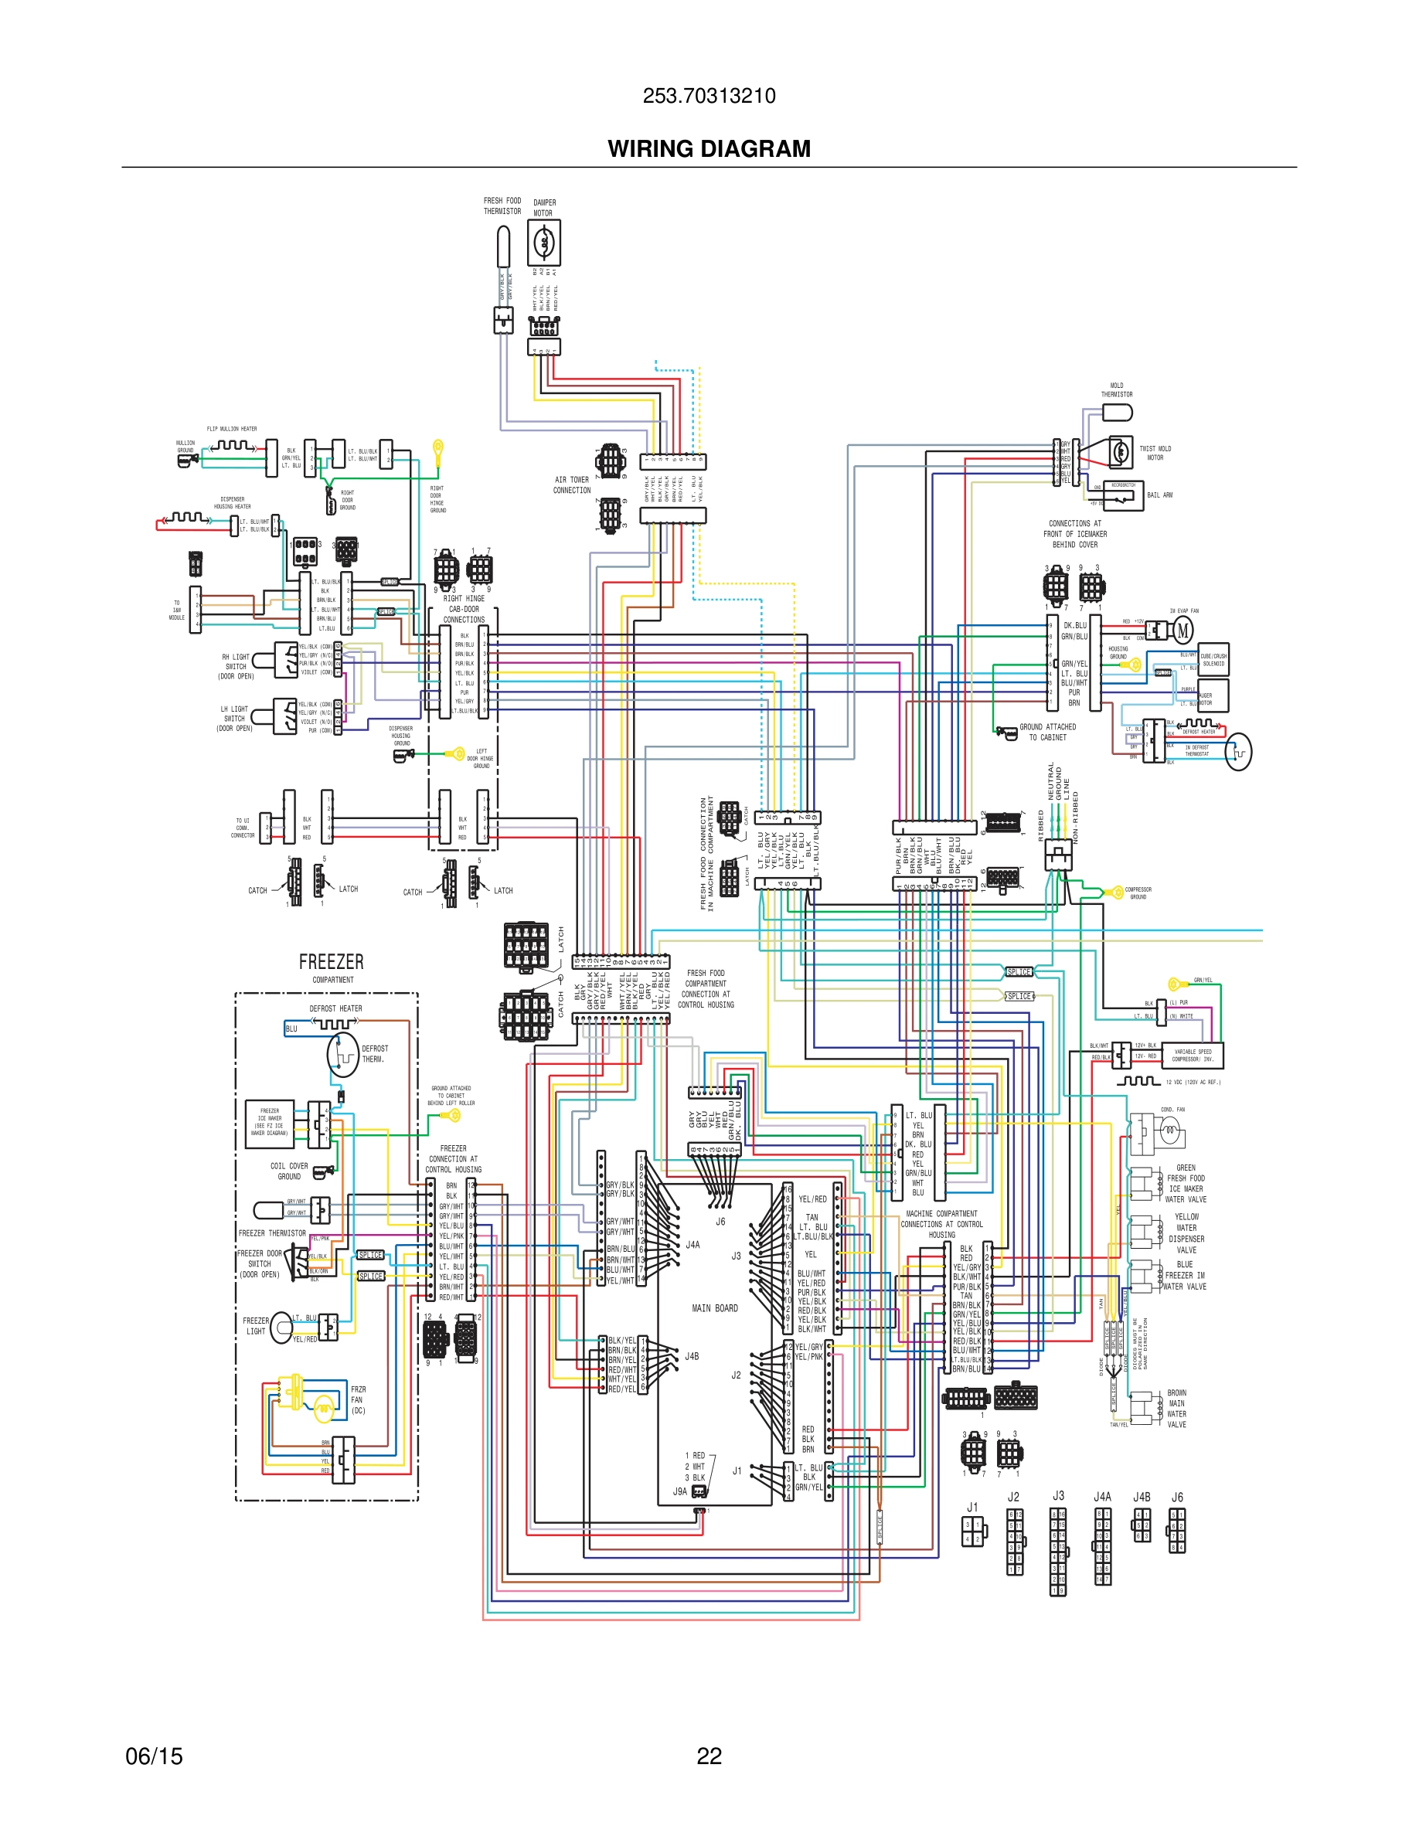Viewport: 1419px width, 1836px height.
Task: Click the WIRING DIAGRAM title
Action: point(709,149)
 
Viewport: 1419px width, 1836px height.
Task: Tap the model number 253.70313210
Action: point(709,96)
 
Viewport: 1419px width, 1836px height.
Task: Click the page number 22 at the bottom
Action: point(709,1756)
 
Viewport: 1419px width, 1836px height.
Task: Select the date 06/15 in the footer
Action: point(154,1756)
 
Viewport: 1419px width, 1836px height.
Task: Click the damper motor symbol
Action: point(544,243)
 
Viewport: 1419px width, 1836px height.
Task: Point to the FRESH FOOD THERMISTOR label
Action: point(502,206)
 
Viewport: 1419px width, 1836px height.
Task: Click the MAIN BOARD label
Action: point(715,1308)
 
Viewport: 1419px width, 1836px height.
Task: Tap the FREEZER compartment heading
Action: point(332,962)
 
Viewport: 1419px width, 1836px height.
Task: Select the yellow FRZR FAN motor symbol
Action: point(324,1404)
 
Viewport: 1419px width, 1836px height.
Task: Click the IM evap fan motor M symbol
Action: point(1182,630)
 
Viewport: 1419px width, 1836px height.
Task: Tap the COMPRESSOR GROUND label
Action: point(1138,892)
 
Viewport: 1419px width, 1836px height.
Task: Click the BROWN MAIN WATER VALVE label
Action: point(1176,1408)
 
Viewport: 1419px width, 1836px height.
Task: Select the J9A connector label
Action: point(680,1491)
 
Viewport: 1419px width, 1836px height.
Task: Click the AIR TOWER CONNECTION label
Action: point(572,485)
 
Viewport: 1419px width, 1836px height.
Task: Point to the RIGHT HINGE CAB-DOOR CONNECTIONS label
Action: point(463,609)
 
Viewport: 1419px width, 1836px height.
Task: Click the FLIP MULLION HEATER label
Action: point(232,429)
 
